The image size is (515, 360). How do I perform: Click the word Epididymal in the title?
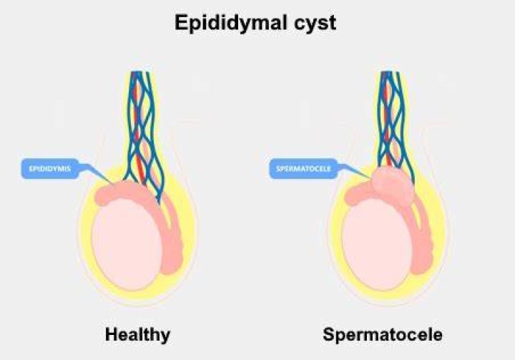tap(230, 23)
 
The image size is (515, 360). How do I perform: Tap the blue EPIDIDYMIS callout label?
tap(50, 169)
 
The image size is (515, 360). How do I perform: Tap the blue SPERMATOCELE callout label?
tap(303, 169)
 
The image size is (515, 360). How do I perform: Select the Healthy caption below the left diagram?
tap(137, 335)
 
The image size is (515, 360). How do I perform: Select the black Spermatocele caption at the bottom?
tap(383, 334)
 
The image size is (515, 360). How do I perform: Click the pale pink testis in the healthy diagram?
tap(127, 244)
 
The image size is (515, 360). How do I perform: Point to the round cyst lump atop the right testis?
tap(392, 186)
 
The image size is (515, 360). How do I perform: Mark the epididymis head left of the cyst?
tap(359, 195)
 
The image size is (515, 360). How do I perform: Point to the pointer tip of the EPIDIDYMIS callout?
tap(113, 183)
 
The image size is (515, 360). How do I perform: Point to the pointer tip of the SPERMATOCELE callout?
tap(372, 179)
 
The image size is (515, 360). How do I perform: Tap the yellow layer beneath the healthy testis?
tap(132, 296)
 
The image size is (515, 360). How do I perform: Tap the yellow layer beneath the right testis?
tap(381, 296)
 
